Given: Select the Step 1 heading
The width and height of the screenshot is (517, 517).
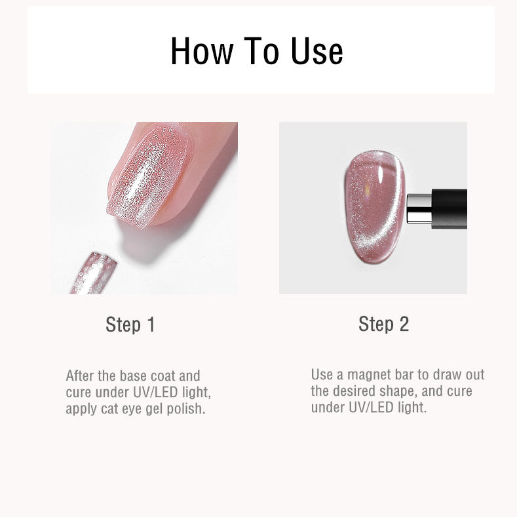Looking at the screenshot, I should point(130,324).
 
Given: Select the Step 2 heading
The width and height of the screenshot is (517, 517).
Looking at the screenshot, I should point(383,324).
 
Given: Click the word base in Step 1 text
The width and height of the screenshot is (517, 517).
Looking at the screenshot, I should point(133,376).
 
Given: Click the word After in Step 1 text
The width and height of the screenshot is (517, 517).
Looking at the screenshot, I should point(80,376).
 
